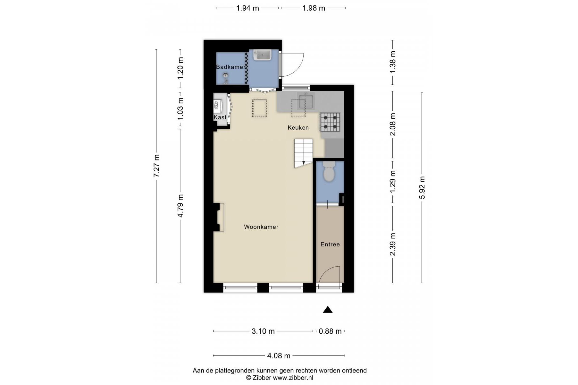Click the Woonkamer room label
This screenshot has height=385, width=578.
click(261, 227)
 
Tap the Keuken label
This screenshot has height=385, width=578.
click(298, 127)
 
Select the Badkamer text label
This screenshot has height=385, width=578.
click(230, 67)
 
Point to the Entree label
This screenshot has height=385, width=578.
click(330, 244)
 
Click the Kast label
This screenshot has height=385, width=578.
click(220, 117)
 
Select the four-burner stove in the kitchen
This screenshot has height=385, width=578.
click(330, 122)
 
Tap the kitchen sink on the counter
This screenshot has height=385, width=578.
click(306, 101)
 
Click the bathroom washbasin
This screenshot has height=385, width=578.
click(262, 55)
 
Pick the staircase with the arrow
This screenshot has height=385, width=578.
click(304, 153)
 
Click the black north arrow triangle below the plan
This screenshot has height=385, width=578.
click(328, 309)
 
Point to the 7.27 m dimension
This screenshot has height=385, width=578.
click(156, 166)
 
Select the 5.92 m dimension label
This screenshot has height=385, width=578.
click(422, 188)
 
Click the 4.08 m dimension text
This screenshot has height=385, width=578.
click(279, 355)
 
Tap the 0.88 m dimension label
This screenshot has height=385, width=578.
click(330, 331)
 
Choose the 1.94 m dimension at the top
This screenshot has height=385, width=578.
click(247, 8)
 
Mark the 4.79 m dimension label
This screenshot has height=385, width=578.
click(180, 206)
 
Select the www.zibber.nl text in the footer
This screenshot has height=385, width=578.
click(293, 378)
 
